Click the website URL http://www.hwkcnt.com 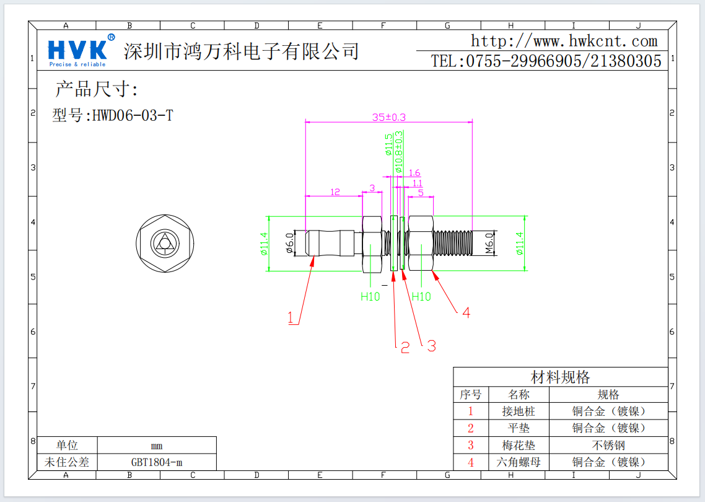pos(564,42)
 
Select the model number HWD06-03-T pos(113,115)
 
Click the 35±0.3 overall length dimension pos(388,117)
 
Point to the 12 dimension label pos(335,192)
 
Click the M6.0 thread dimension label pos(489,243)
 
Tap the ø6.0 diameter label pos(289,244)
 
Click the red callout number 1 pos(291,318)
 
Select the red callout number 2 pos(405,348)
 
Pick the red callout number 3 pos(431,346)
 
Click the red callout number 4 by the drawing pos(466,313)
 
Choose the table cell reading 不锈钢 pos(608,445)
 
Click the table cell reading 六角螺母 pos(519,462)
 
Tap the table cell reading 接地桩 pos(519,411)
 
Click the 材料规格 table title pos(560,377)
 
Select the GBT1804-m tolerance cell pos(156,462)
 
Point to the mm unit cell pos(156,446)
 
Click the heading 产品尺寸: pos(97,89)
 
